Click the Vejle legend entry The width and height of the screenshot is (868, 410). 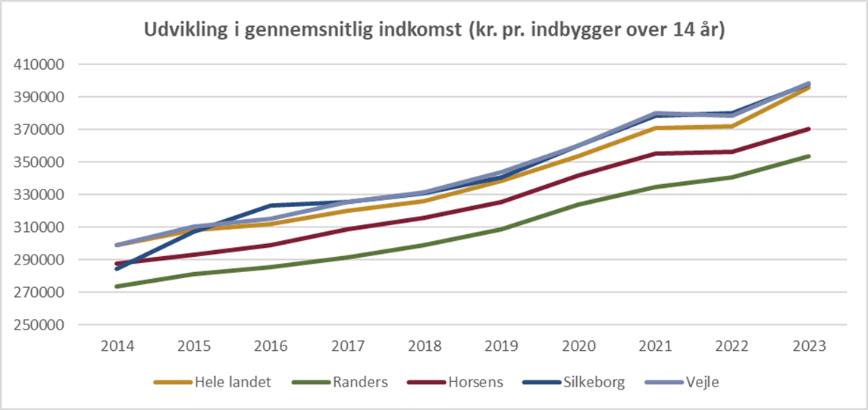(697, 382)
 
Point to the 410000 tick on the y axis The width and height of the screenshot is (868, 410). (39, 64)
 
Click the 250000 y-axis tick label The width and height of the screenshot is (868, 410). (39, 325)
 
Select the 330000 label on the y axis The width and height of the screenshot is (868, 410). (39, 195)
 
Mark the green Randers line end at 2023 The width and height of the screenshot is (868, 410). (809, 156)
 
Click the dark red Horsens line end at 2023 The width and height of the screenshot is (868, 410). (809, 129)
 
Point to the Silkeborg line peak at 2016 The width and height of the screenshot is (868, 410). (271, 205)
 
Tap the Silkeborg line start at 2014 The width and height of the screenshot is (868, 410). (118, 269)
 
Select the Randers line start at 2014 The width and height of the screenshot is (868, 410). (118, 286)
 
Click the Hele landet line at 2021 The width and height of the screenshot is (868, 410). (655, 128)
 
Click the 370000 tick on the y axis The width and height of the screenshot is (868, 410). (39, 130)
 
